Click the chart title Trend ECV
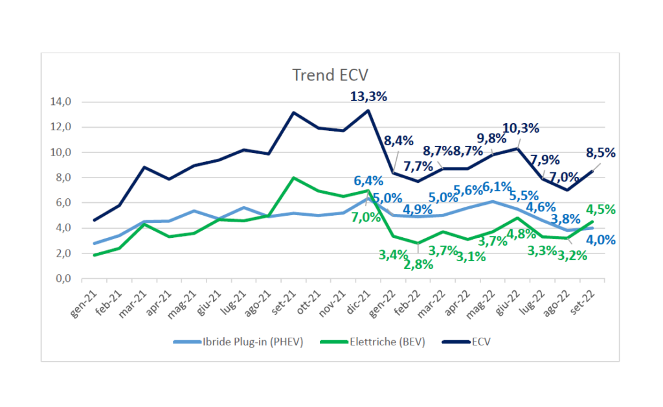(331, 75)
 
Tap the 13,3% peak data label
(368, 97)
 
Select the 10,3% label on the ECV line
(521, 128)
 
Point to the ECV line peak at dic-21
(368, 110)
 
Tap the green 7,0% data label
(366, 217)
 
